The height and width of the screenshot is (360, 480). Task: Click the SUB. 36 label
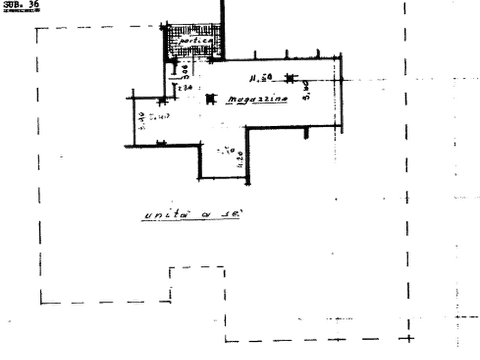pos(22,6)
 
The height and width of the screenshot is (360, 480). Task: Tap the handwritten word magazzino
pos(257,100)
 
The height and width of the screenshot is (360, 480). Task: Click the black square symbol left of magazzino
pos(210,99)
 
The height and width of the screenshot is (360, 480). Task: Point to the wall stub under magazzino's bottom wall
pos(306,134)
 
